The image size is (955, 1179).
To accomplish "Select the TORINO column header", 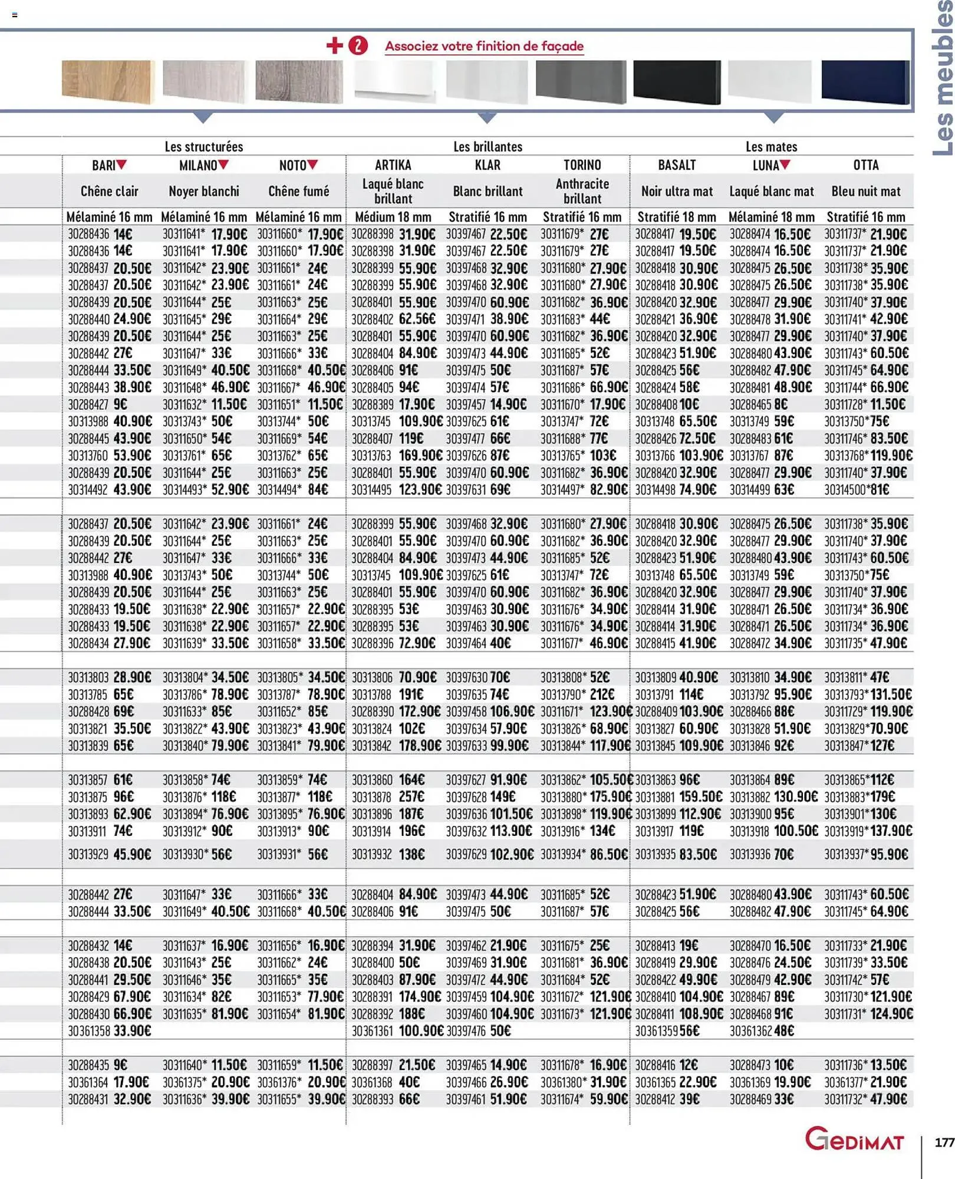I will (582, 166).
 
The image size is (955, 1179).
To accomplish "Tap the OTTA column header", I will (865, 166).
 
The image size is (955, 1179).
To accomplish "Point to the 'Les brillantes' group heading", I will (488, 147).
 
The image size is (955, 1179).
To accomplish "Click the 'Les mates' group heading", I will (771, 147).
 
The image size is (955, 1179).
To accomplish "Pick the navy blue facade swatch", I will (865, 82).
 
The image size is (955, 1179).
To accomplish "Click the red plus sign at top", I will (334, 45).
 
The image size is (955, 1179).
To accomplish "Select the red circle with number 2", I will (358, 45).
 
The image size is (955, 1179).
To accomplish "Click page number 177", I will (944, 1142).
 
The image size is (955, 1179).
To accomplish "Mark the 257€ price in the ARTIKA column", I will (411, 797).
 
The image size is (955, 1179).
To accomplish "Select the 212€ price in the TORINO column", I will (601, 694).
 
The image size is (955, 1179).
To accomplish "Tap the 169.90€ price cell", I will (420, 456).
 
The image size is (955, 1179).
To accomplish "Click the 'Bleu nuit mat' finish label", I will (865, 192).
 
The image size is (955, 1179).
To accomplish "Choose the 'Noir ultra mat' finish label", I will (677, 192).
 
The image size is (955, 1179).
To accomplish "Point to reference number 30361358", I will (88, 1031).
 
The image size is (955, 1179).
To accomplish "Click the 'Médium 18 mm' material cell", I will (393, 217).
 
